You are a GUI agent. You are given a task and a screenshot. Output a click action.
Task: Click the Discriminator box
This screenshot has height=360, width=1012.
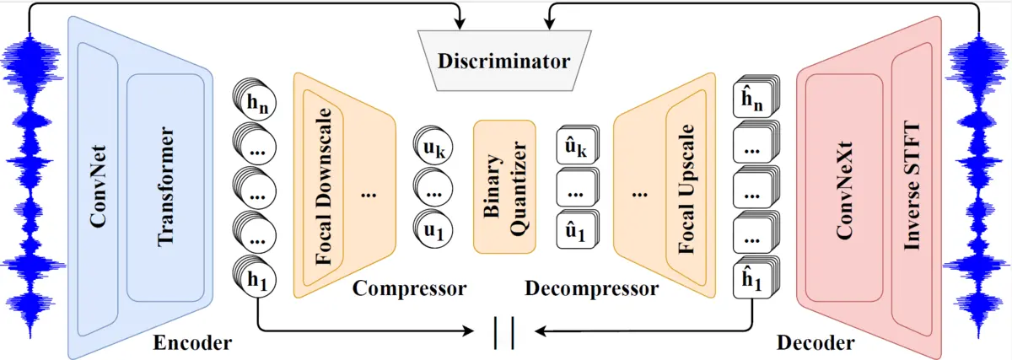(x=503, y=62)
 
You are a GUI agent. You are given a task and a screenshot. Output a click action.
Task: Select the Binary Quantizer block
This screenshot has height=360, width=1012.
(x=504, y=186)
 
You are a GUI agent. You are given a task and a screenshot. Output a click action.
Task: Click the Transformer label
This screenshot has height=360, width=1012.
(x=165, y=187)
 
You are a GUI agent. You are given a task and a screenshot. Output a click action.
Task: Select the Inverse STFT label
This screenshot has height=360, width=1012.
(x=912, y=187)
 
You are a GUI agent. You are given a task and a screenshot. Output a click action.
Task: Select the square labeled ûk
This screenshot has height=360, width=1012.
(x=575, y=150)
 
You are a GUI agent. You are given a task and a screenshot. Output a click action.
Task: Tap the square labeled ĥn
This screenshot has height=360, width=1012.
(x=753, y=100)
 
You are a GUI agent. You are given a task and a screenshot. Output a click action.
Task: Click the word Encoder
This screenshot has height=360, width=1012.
(x=192, y=342)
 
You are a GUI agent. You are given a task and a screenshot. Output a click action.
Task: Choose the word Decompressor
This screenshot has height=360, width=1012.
(x=591, y=289)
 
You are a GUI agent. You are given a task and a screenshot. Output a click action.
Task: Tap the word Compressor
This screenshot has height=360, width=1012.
(x=409, y=289)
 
